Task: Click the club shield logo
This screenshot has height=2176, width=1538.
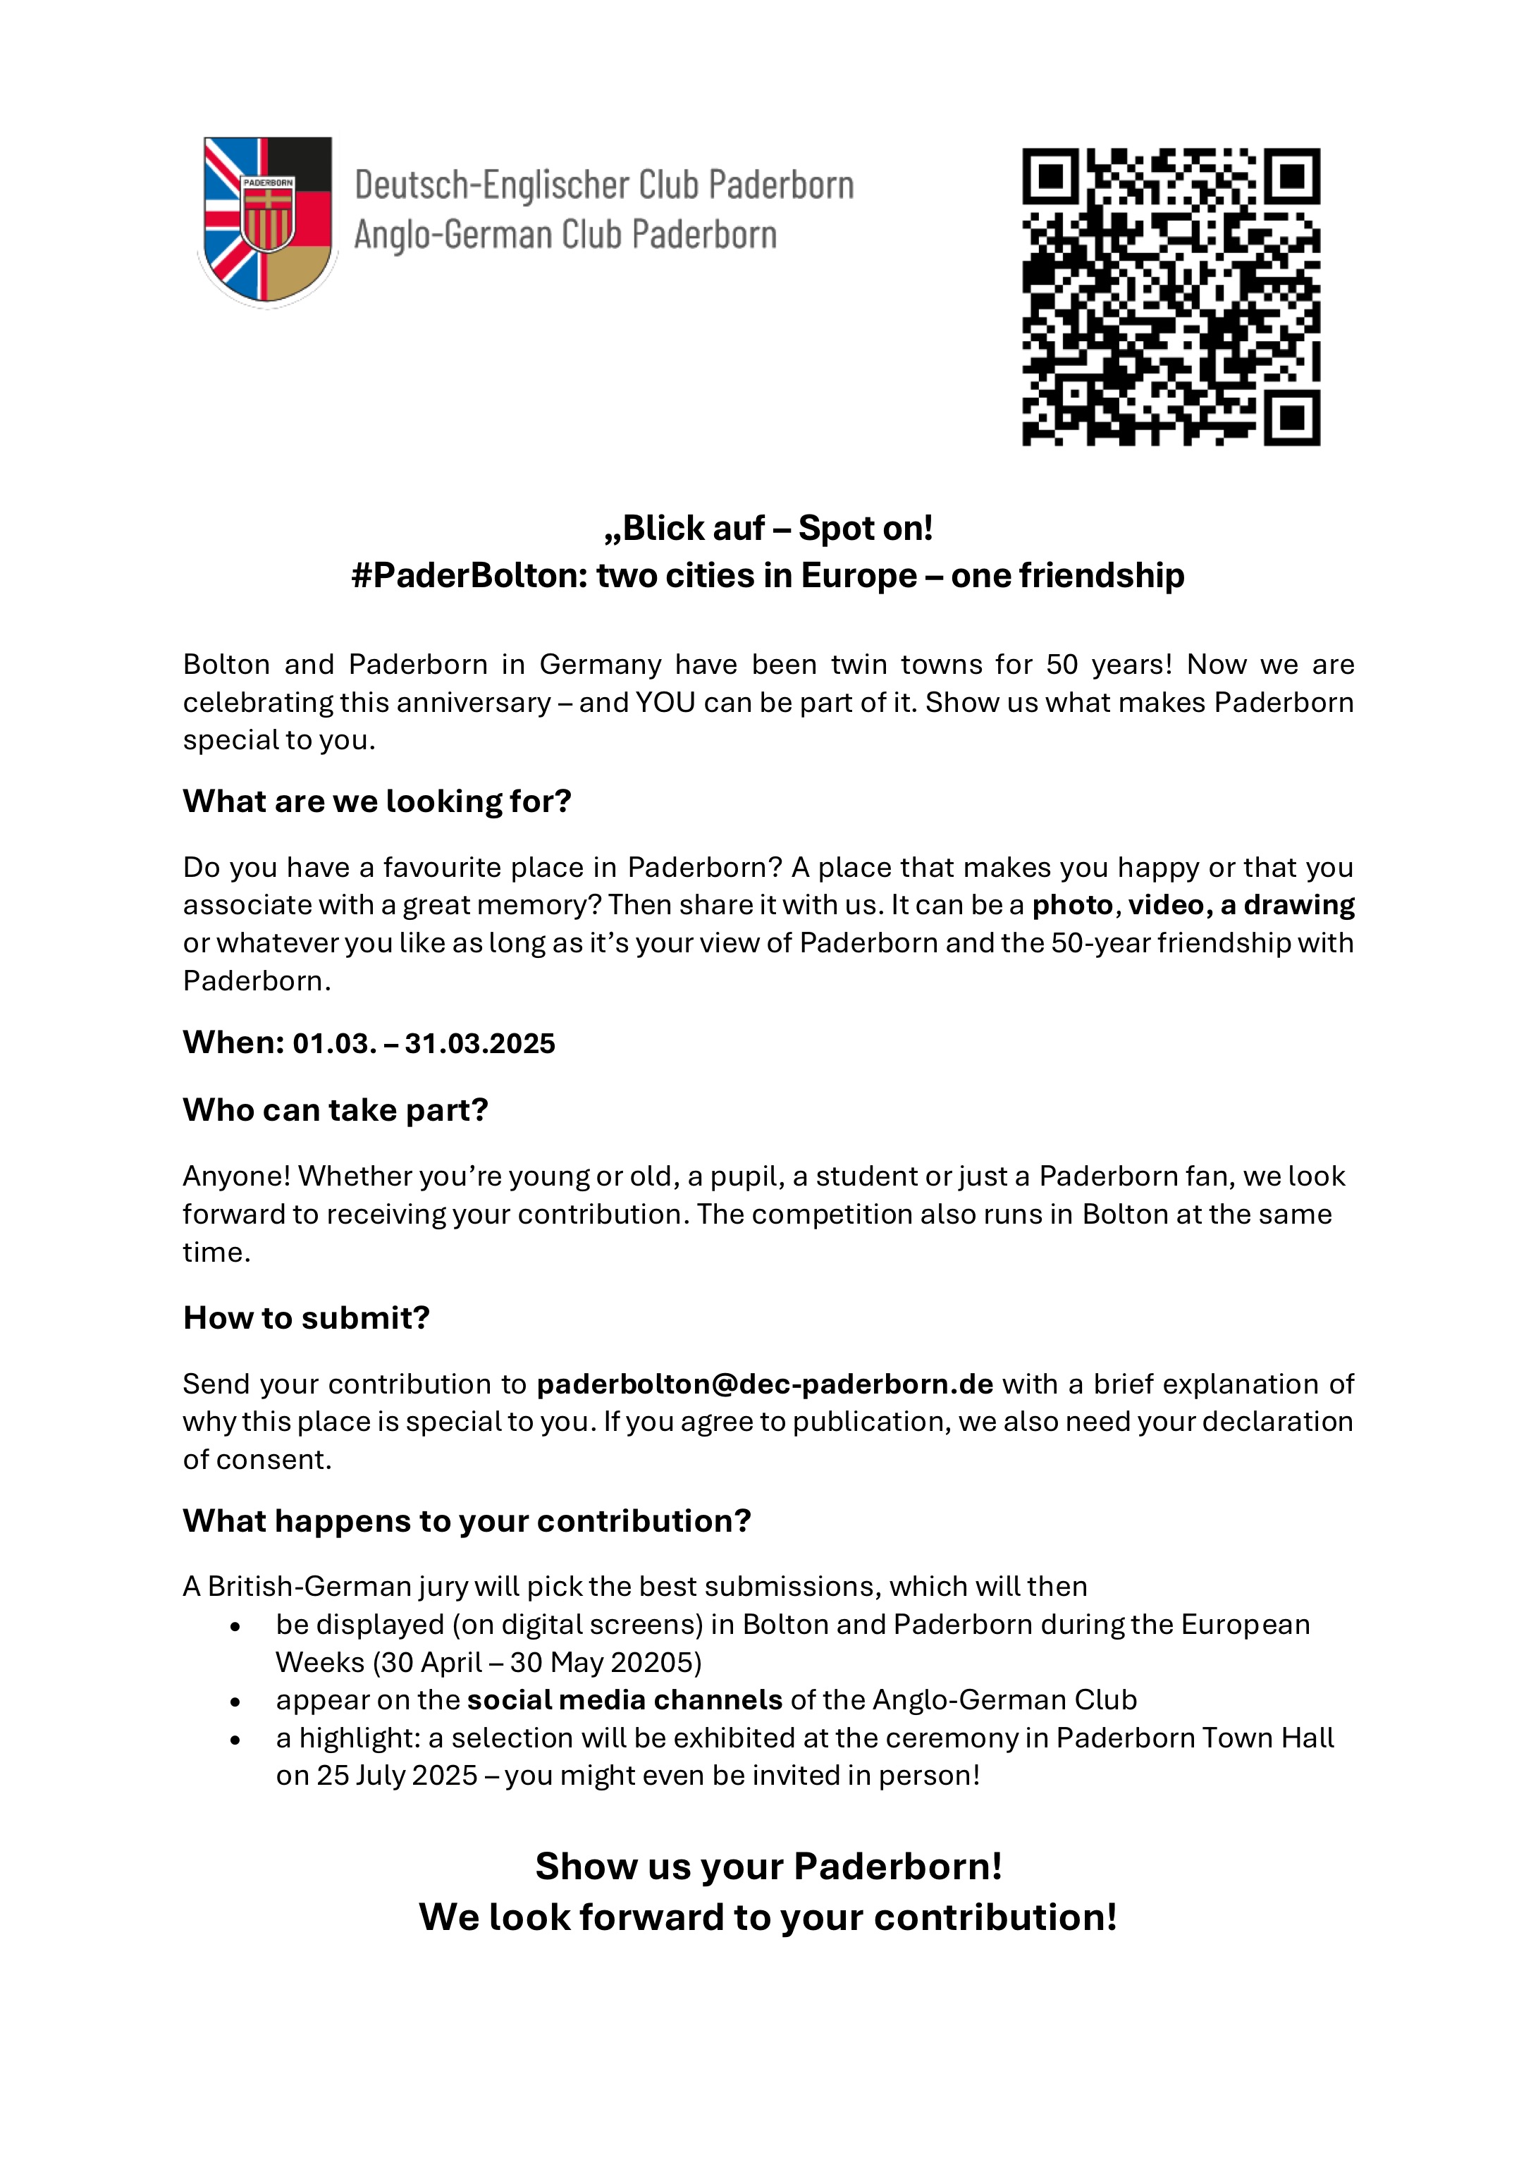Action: (x=267, y=221)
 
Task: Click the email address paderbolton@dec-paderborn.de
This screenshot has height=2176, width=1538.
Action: (x=765, y=1384)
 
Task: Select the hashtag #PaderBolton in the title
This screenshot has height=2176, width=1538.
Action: (x=469, y=576)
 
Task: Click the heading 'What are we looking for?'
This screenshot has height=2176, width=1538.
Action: (x=377, y=801)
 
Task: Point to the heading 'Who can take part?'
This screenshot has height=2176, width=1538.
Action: (x=336, y=1109)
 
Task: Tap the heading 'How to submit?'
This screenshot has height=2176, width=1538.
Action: (x=306, y=1317)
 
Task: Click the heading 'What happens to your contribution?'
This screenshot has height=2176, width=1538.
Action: (x=466, y=1521)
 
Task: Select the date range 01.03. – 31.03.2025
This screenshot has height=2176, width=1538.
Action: (x=424, y=1043)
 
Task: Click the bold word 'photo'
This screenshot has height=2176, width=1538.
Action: (x=1072, y=906)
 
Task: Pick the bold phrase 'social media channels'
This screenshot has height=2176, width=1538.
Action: (x=625, y=1700)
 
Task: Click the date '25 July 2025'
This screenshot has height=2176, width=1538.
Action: (x=397, y=1775)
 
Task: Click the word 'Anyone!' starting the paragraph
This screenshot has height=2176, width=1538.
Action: (x=237, y=1176)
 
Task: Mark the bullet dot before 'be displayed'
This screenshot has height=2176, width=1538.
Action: (x=235, y=1626)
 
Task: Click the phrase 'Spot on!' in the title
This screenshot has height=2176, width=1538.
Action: (x=865, y=529)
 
